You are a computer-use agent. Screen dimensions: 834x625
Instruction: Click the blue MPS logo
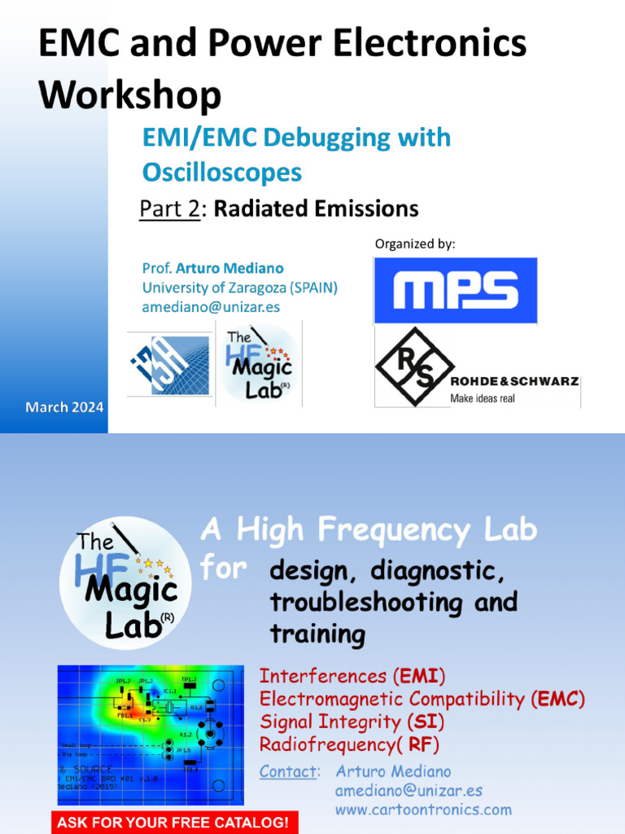click(x=455, y=291)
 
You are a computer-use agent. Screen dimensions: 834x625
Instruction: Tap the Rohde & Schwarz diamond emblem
click(x=414, y=367)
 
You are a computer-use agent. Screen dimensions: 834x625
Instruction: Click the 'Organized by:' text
click(x=415, y=244)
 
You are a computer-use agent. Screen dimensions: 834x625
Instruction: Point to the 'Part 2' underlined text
click(x=169, y=209)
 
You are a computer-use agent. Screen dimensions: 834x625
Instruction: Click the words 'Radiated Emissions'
click(x=316, y=209)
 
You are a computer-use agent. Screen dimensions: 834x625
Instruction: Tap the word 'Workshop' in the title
click(x=129, y=94)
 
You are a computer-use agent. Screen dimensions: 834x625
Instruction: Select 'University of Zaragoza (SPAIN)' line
click(x=239, y=288)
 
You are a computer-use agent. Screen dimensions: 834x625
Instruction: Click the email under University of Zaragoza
click(x=211, y=307)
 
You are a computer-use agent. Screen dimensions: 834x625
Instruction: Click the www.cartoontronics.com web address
click(x=423, y=810)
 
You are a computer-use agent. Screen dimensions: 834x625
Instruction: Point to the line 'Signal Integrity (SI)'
click(x=352, y=722)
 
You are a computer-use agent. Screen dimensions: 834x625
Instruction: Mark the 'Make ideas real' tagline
click(x=483, y=398)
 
